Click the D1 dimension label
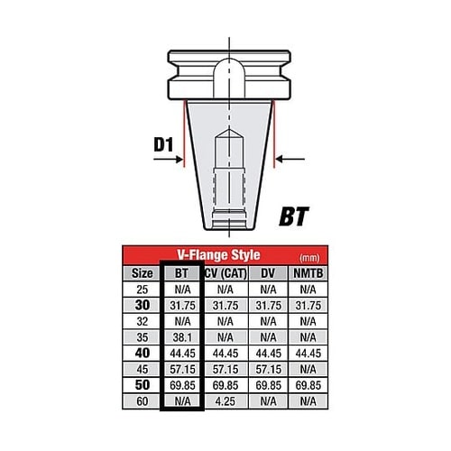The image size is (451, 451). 164,144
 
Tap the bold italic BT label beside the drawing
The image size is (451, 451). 294,216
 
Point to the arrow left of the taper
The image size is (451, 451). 168,159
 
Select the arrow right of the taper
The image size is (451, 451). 290,159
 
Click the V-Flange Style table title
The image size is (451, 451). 218,255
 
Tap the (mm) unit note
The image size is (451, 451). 309,258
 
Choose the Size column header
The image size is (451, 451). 143,273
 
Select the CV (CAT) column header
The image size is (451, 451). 225,273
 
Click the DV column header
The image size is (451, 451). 268,273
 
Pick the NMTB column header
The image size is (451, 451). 308,273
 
